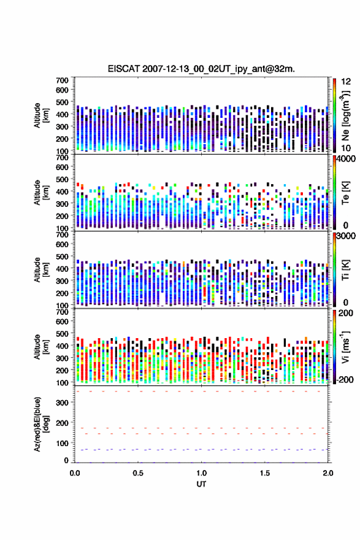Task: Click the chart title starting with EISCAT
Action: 201,69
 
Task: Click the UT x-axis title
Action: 201,484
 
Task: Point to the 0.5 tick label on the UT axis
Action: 138,473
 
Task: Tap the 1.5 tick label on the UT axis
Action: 265,473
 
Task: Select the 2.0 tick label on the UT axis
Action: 328,473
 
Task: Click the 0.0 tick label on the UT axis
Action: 75,473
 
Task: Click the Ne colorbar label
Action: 345,116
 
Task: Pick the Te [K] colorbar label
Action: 345,193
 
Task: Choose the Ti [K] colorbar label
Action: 345,270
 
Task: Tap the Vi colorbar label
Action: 345,347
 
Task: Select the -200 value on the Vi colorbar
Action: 345,379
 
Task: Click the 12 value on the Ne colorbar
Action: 346,81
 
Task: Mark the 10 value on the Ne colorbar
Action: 346,148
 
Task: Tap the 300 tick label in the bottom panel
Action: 63,403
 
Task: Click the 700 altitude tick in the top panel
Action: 63,80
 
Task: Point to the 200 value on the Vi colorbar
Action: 345,313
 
